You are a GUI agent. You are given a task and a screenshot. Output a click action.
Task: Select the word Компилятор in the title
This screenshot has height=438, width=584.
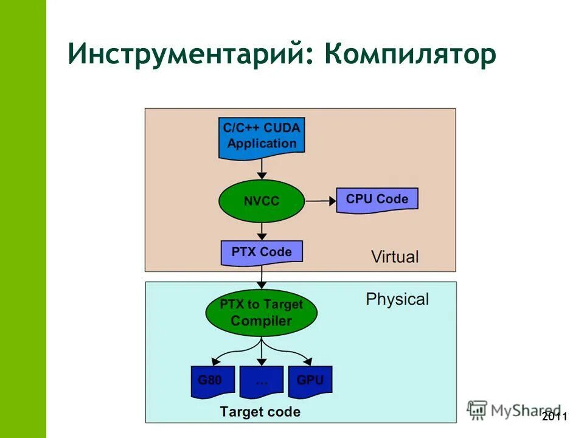click(410, 55)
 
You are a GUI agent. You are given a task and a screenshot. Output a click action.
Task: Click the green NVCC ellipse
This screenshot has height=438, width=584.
click(262, 200)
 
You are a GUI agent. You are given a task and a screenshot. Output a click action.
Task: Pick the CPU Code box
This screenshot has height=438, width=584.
click(377, 200)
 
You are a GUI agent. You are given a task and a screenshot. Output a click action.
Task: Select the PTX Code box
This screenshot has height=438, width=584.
click(262, 252)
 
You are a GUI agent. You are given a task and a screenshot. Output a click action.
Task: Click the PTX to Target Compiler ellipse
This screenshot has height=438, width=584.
click(262, 313)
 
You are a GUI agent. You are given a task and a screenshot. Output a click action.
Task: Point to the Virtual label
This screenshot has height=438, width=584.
click(395, 256)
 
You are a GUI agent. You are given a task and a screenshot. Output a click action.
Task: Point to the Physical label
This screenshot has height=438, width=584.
click(397, 299)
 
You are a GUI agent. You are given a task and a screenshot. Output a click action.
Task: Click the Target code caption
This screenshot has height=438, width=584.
click(260, 412)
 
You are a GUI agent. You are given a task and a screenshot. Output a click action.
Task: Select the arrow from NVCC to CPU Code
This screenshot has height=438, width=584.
click(321, 200)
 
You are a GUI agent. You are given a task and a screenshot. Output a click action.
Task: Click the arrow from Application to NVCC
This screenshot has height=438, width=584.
click(262, 167)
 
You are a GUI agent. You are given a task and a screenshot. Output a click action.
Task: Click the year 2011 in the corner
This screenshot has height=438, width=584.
click(554, 417)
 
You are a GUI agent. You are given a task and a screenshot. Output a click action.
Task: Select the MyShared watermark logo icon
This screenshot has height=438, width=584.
click(478, 409)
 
